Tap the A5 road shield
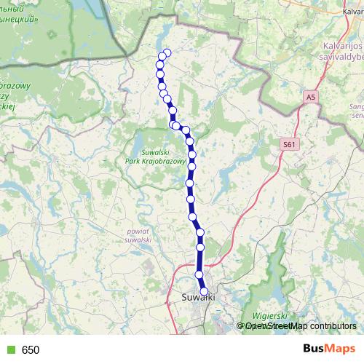(312, 97)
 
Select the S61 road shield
(290, 145)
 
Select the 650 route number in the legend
(31, 350)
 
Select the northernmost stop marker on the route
(167, 52)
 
